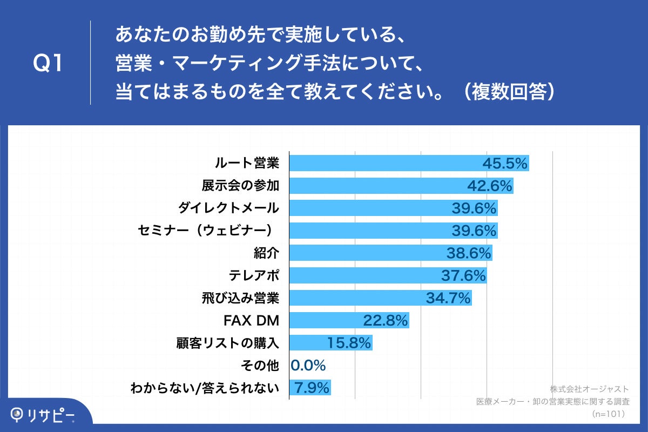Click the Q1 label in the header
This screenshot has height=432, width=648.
[x=48, y=64]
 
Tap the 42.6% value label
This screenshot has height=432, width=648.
[x=489, y=186]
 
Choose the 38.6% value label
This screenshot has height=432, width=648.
[x=469, y=253]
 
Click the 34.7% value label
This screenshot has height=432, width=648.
[x=448, y=298]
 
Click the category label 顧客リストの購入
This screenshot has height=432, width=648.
[x=228, y=342]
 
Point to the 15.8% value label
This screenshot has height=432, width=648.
[x=349, y=342]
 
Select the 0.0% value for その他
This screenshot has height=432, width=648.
[x=308, y=366]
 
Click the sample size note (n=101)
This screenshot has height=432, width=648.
[x=608, y=414]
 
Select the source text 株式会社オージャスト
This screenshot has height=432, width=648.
[x=589, y=389]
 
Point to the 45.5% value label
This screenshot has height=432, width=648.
[x=504, y=163]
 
